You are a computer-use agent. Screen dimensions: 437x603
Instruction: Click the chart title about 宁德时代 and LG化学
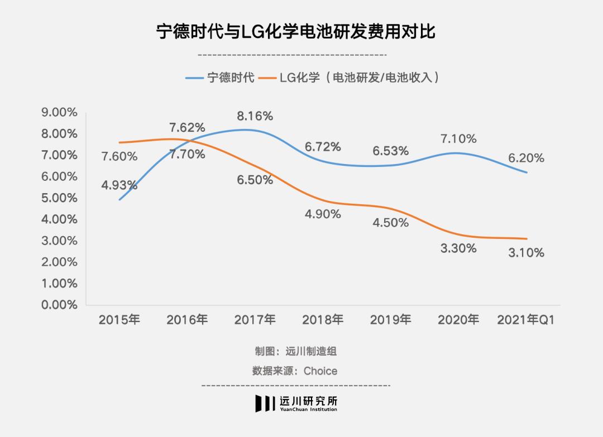tap(296, 32)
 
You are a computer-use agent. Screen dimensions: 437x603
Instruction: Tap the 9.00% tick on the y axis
tap(59, 112)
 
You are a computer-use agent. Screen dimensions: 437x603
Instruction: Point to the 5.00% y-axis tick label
tap(59, 198)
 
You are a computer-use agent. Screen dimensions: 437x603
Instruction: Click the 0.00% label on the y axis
tap(59, 305)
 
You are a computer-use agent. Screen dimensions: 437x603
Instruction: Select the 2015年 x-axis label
tap(119, 320)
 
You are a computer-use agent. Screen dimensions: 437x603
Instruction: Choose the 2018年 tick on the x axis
tap(323, 320)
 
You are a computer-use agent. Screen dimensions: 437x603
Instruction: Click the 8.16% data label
tap(255, 116)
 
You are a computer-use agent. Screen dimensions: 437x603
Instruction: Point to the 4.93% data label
tap(119, 185)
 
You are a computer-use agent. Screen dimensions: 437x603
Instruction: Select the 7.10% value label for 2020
tap(458, 138)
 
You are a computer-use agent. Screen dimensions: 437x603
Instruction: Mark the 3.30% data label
tap(458, 248)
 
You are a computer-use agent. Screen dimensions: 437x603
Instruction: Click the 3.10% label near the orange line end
tap(526, 253)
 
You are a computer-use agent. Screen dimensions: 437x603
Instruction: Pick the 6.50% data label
tap(255, 180)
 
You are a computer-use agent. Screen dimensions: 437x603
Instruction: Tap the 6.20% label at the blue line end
tap(526, 158)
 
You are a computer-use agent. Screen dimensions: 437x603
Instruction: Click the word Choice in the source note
tap(320, 371)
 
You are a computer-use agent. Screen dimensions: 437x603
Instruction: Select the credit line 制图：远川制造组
tap(296, 352)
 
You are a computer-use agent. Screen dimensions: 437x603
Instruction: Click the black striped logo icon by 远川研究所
tap(266, 404)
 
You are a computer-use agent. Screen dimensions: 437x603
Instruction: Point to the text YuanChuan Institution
tap(309, 410)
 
